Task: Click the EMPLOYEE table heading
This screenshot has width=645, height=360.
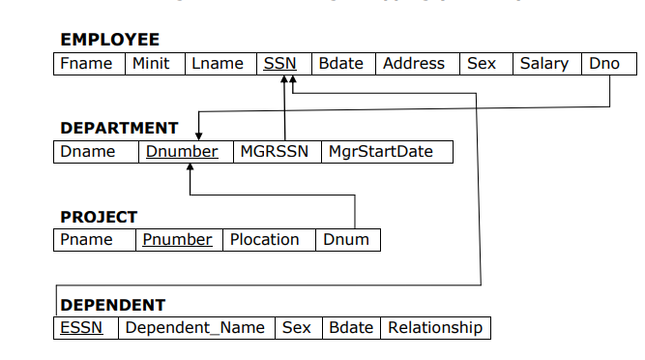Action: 109,40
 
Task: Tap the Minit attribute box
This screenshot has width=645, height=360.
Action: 151,64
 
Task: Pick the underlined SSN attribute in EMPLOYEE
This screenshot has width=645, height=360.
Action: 279,64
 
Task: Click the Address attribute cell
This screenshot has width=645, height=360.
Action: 414,64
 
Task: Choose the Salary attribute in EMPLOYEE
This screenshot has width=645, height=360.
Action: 544,64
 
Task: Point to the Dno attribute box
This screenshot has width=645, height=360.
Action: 603,64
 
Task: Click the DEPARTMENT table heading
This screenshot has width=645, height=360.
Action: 119,128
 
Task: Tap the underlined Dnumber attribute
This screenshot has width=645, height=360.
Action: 182,152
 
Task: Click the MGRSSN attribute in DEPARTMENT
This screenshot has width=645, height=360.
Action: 274,152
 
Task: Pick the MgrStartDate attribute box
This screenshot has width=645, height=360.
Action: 381,152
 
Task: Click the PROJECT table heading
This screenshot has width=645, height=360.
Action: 99,217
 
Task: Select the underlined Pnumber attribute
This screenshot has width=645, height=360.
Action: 177,240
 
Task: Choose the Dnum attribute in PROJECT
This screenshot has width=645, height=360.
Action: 346,240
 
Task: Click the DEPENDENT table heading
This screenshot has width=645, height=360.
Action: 112,305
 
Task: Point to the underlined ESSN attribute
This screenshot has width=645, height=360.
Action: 81,328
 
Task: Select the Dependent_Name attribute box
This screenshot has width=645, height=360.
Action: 194,328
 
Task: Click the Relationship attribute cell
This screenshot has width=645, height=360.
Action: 435,328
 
